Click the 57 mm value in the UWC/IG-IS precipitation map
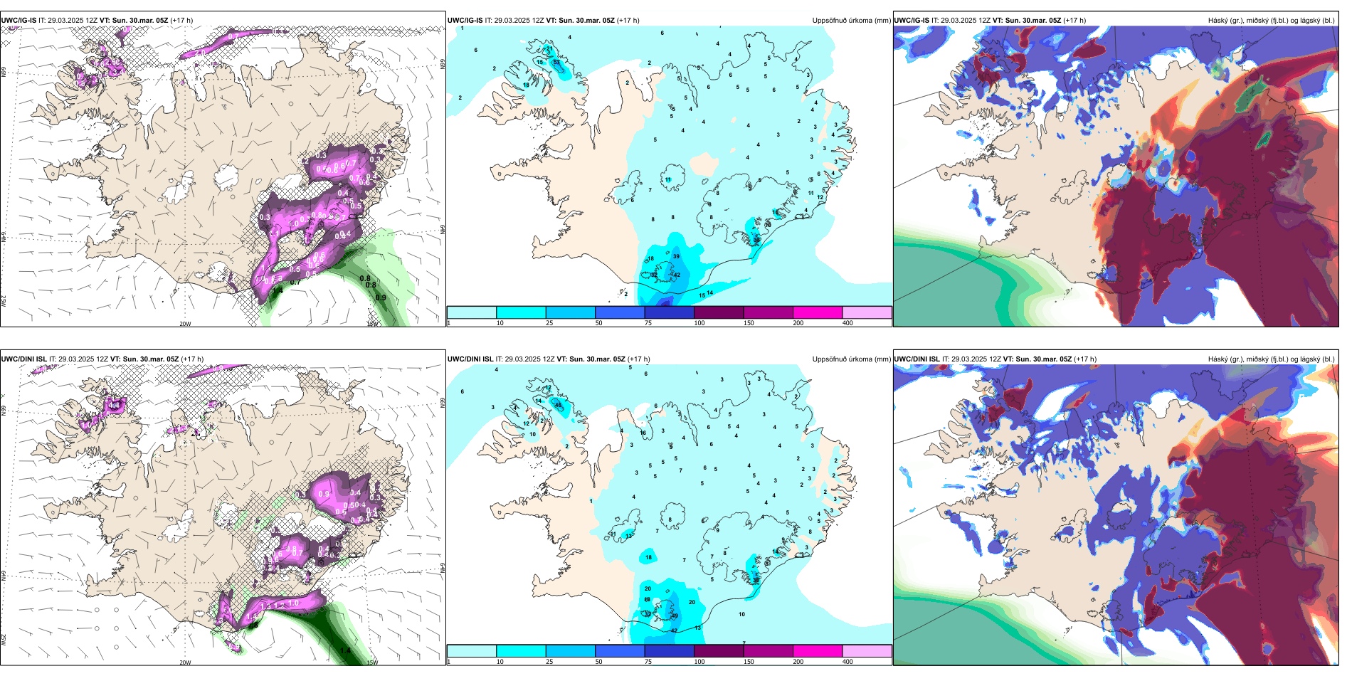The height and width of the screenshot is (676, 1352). point(556,63)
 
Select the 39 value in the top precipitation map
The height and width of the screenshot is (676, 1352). point(676,256)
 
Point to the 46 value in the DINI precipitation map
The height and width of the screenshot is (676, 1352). point(558,406)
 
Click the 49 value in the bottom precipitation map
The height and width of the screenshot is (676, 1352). point(675,616)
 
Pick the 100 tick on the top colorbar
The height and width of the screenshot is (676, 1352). point(699,323)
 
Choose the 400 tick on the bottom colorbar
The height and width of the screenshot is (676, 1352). point(847,662)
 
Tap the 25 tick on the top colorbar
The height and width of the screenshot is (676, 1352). point(549,323)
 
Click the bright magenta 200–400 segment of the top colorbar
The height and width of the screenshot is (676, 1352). point(818,312)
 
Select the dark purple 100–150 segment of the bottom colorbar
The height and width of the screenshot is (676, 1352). point(719,651)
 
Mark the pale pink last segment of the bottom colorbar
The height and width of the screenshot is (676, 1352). point(867,651)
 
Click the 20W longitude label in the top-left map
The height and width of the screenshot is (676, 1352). point(185,324)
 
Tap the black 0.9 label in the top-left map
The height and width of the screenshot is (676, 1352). point(381,298)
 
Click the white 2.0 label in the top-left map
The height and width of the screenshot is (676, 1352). point(201,53)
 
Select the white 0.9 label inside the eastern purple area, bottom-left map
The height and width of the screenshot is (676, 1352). point(324,494)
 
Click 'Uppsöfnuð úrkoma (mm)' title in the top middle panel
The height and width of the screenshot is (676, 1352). point(851,21)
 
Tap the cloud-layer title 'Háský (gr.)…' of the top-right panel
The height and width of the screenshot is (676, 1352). point(1271,21)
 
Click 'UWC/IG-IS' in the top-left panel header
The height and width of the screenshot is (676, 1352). point(19,21)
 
